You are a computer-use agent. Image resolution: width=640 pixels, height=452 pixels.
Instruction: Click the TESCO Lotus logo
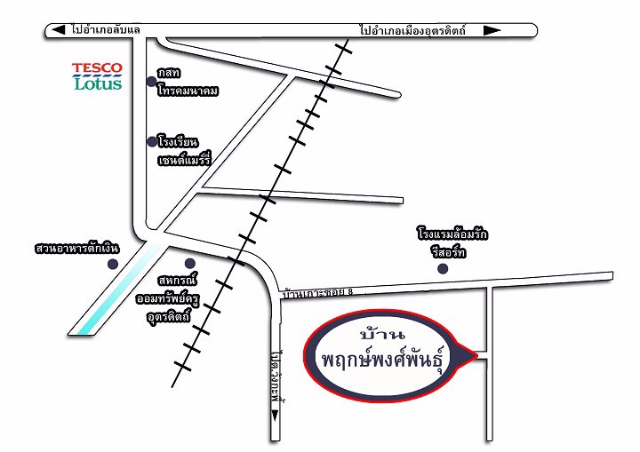[97, 76]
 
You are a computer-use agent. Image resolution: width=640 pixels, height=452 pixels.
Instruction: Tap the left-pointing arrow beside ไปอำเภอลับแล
[58, 30]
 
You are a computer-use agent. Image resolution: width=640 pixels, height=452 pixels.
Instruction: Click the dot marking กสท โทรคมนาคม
[151, 82]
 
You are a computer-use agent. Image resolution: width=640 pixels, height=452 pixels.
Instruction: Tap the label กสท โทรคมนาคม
[188, 82]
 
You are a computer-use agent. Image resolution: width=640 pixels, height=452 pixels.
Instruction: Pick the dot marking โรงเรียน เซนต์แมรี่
[151, 141]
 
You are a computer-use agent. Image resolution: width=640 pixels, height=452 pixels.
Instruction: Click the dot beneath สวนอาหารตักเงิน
[112, 264]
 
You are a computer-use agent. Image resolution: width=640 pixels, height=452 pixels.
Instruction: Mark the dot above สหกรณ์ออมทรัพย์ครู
[189, 263]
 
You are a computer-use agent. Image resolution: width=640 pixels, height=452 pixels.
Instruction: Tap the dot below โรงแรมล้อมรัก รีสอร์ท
[443, 269]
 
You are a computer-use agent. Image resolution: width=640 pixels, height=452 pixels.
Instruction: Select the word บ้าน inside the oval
[384, 335]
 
